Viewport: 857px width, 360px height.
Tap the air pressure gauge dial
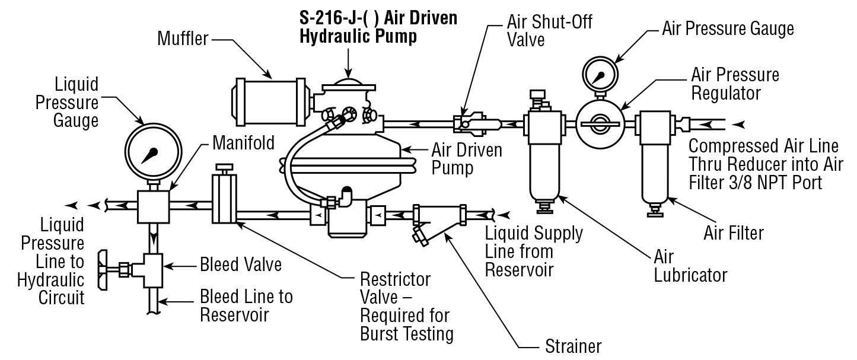pos(599,75)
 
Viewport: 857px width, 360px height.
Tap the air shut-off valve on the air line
pos(471,123)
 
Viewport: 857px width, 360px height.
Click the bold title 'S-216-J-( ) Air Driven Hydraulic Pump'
pos(378,27)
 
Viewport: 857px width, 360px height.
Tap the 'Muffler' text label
pos(182,40)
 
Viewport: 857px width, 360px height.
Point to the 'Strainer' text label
pos(573,346)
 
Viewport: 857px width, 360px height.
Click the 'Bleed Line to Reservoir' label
pos(246,305)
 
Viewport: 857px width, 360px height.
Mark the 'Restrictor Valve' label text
pos(396,287)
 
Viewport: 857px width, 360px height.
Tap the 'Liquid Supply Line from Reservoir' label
pos(533,251)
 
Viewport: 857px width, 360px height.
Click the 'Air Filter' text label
pos(733,233)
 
